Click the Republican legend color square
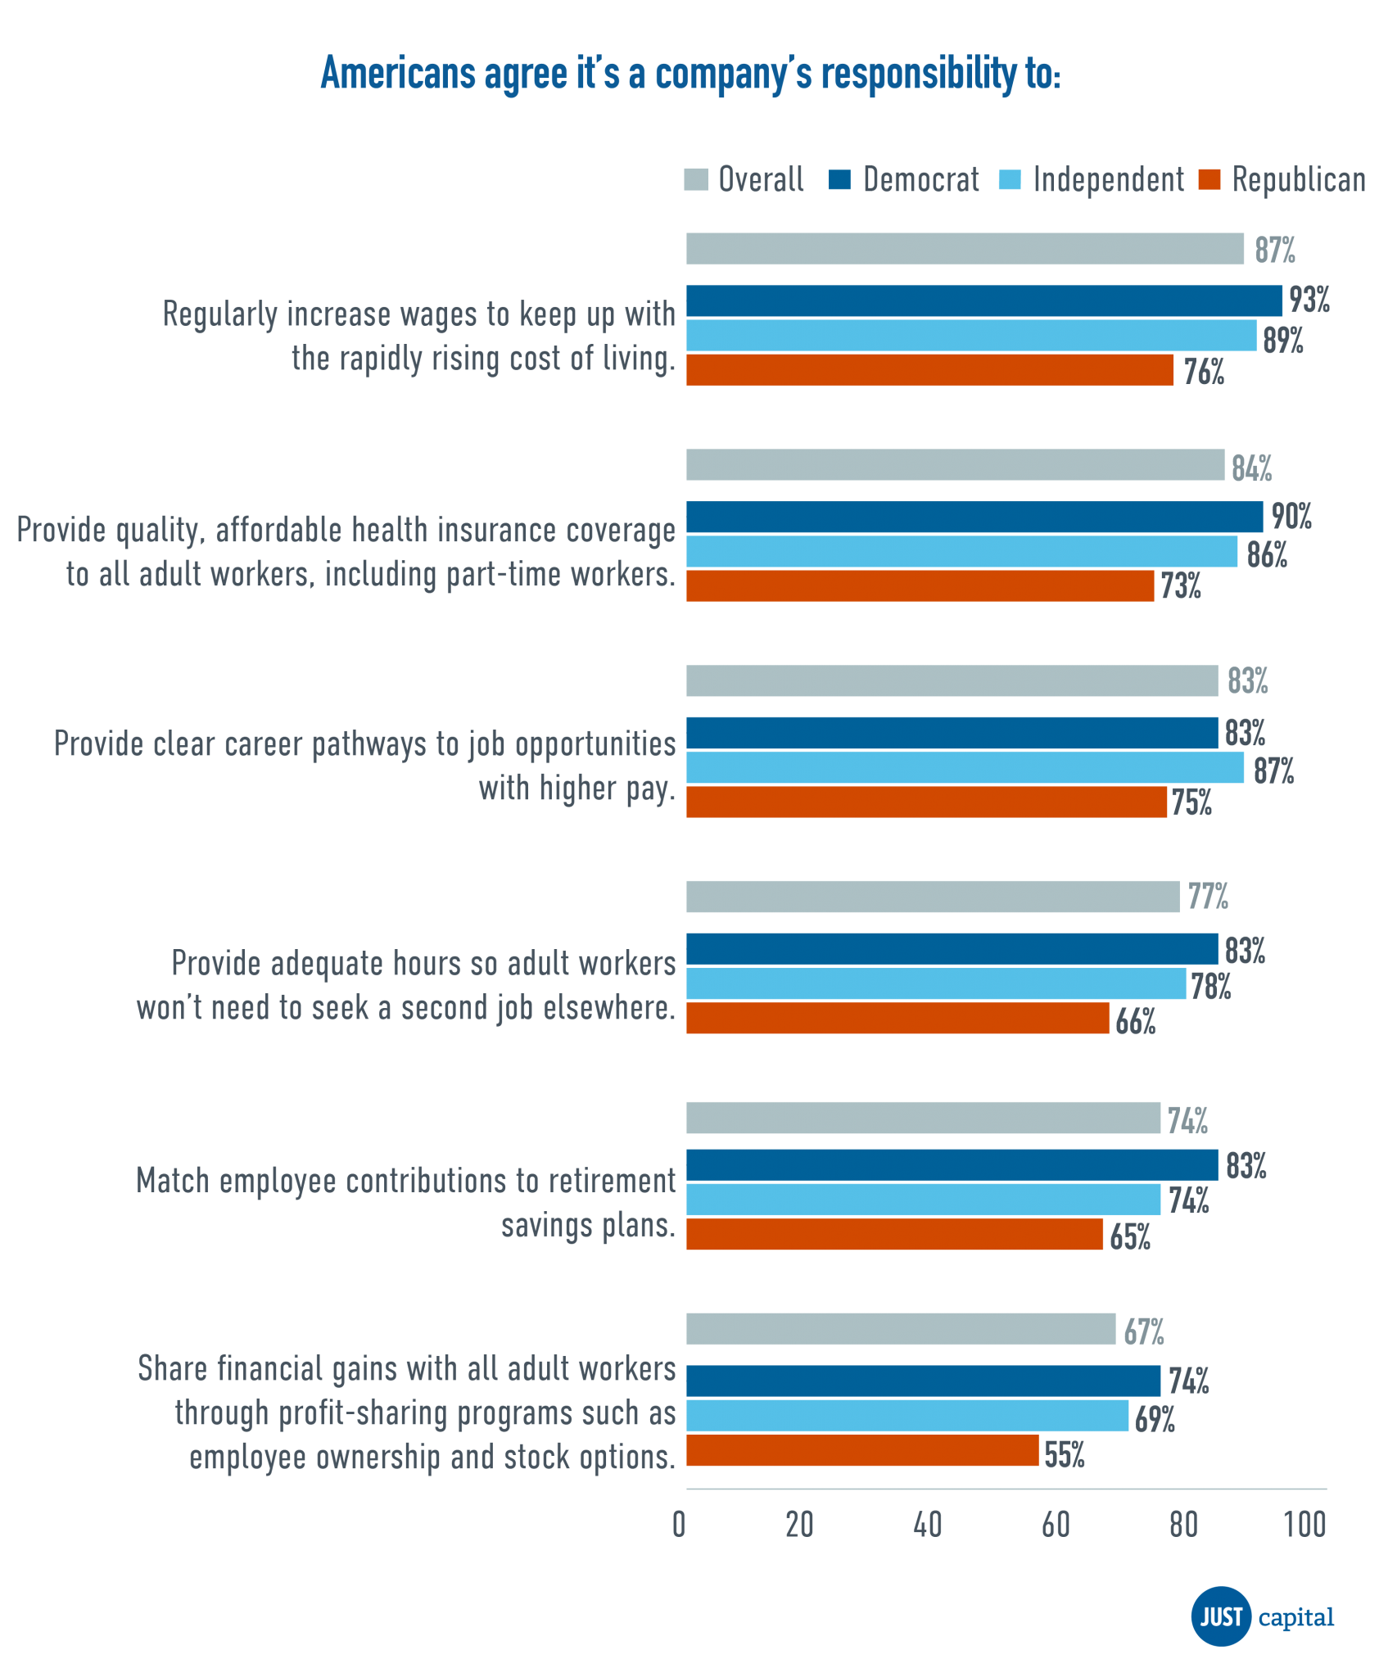1209,179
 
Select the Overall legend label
761,179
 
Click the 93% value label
1309,301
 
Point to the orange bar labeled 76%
929,370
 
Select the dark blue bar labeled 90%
974,518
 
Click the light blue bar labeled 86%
961,552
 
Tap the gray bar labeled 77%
933,897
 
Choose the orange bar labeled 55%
862,1450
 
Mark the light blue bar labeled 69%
907,1416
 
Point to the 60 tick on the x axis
1056,1525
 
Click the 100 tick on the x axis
1304,1525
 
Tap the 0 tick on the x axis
679,1525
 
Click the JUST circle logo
1221,1617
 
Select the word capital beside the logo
1295,1617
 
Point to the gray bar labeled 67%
901,1329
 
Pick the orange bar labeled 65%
894,1234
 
